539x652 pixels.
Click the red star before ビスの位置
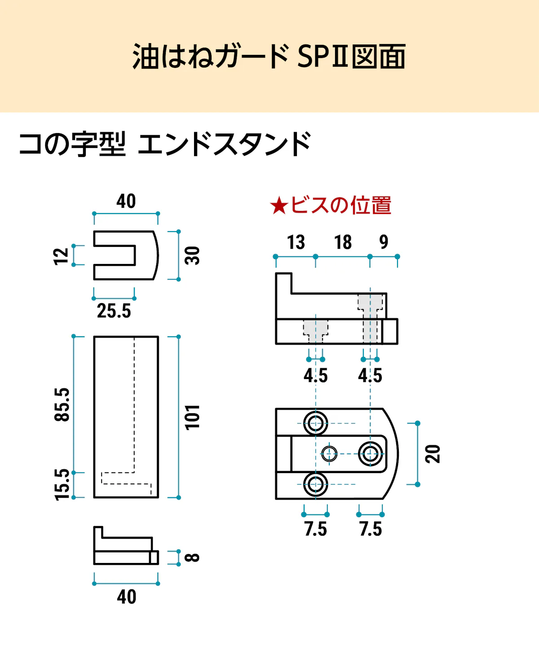click(279, 206)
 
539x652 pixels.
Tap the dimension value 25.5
click(114, 311)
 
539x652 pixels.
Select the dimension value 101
click(192, 418)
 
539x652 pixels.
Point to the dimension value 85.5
click(62, 405)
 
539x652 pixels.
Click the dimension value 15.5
click(62, 485)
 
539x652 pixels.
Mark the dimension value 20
click(432, 454)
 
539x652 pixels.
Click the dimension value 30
click(192, 255)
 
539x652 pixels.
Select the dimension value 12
click(61, 257)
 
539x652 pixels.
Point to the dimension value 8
click(192, 558)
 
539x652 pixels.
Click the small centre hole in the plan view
click(329, 454)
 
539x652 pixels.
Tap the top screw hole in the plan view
click(315, 424)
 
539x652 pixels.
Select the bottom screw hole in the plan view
click(315, 484)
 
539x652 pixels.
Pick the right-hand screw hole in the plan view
click(370, 454)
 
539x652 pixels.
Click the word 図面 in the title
click(379, 56)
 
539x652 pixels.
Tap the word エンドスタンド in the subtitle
click(225, 144)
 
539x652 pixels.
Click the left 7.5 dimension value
click(316, 529)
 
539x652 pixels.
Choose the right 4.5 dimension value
click(370, 375)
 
